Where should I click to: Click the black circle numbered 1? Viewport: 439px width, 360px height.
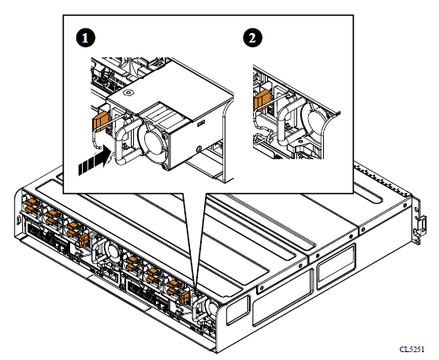click(86, 38)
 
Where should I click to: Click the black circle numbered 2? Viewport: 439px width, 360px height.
click(252, 38)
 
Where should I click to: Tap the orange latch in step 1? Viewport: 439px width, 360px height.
click(100, 121)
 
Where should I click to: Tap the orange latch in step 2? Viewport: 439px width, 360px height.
click(262, 99)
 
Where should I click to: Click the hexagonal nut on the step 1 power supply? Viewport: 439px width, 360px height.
click(128, 92)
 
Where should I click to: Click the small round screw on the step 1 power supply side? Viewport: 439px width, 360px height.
click(199, 148)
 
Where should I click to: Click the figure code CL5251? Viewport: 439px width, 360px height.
click(411, 349)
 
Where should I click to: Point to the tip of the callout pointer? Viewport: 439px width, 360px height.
click(195, 289)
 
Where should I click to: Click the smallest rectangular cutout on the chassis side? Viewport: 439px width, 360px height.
click(238, 310)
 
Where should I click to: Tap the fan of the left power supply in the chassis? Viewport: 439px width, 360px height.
click(110, 251)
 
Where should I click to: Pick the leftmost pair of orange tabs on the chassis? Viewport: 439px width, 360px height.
click(31, 206)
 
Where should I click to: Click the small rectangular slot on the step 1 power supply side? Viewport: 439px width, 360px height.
click(201, 123)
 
